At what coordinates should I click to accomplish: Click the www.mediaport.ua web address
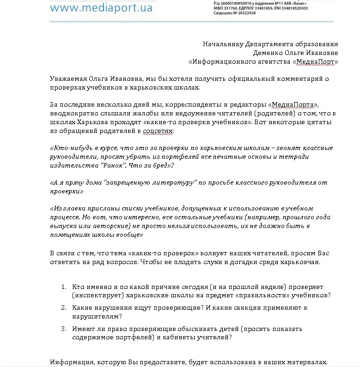pos(101,7)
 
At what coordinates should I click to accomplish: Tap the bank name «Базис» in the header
pos(296,3)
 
